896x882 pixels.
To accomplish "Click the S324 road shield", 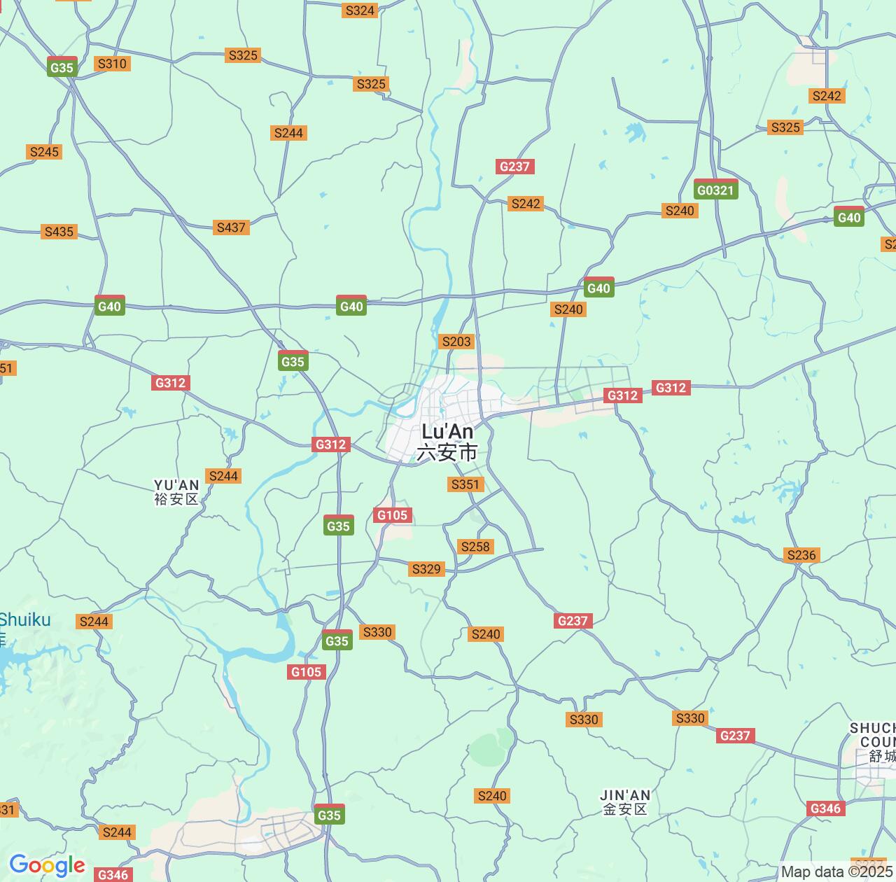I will pyautogui.click(x=360, y=10).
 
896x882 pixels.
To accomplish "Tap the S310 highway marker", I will pyautogui.click(x=112, y=64).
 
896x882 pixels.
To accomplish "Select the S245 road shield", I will pyautogui.click(x=44, y=152).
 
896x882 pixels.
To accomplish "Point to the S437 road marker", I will pyautogui.click(x=231, y=227).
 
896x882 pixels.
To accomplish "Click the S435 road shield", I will pyautogui.click(x=59, y=232).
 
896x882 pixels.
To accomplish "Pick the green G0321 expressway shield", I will pyautogui.click(x=715, y=190).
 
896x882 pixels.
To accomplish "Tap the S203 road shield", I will pyautogui.click(x=456, y=342).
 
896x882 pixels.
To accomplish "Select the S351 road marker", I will pyautogui.click(x=465, y=484).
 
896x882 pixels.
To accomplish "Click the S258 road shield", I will pyautogui.click(x=475, y=547).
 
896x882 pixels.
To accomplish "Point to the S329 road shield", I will pyautogui.click(x=426, y=569).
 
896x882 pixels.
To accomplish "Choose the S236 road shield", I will pyautogui.click(x=801, y=555).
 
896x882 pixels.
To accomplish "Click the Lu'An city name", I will pyautogui.click(x=447, y=432).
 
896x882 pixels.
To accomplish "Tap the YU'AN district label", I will pyautogui.click(x=176, y=485).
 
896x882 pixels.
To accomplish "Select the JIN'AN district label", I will pyautogui.click(x=625, y=795).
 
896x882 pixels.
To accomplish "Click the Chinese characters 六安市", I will pyautogui.click(x=447, y=453).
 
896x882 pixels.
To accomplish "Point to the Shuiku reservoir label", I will pyautogui.click(x=25, y=620).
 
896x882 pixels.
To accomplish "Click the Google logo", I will pyautogui.click(x=47, y=865).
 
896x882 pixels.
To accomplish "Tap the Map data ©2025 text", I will pyautogui.click(x=837, y=872).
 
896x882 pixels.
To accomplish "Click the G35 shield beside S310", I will pyautogui.click(x=62, y=67).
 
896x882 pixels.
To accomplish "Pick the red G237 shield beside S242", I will pyautogui.click(x=515, y=167).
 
